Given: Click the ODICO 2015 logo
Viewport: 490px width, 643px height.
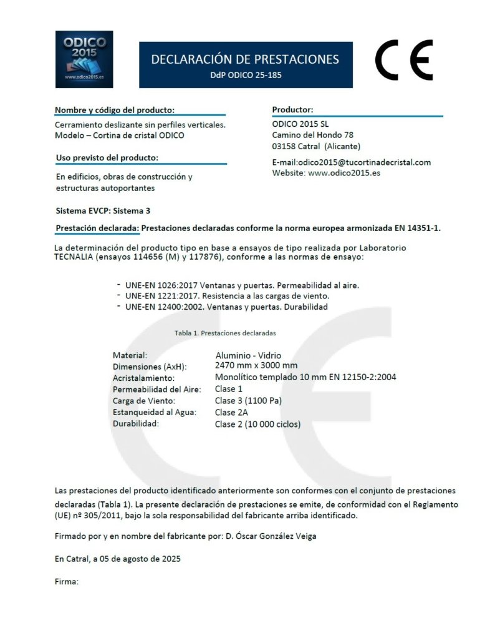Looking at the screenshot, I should [x=84, y=59].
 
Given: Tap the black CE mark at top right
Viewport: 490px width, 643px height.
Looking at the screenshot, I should [x=405, y=59].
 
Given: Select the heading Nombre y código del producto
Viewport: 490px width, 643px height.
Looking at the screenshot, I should [x=110, y=110].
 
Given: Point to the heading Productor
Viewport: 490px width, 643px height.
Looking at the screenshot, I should [x=292, y=110].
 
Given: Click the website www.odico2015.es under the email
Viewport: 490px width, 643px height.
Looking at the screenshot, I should [x=343, y=172].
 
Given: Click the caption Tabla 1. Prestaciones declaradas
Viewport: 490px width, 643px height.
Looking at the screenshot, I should [x=225, y=333].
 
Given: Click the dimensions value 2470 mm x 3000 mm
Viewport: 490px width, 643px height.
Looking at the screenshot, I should [x=256, y=365].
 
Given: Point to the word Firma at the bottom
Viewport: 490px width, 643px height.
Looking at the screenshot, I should [x=66, y=582].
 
